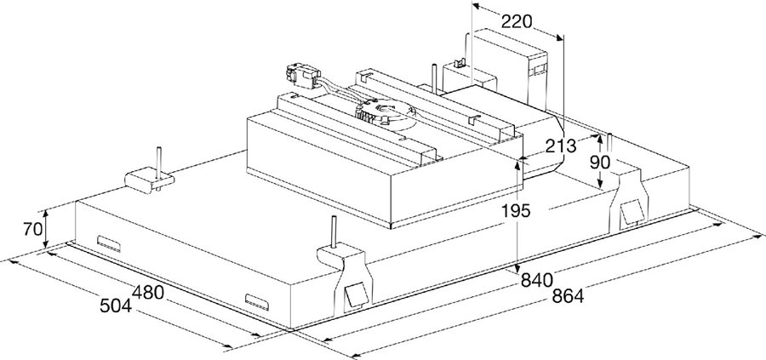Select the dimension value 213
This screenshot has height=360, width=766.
(x=561, y=145)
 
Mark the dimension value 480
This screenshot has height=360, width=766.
(x=146, y=291)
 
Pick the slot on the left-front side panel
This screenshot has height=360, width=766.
(x=111, y=243)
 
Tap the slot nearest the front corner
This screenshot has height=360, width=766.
(x=256, y=300)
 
